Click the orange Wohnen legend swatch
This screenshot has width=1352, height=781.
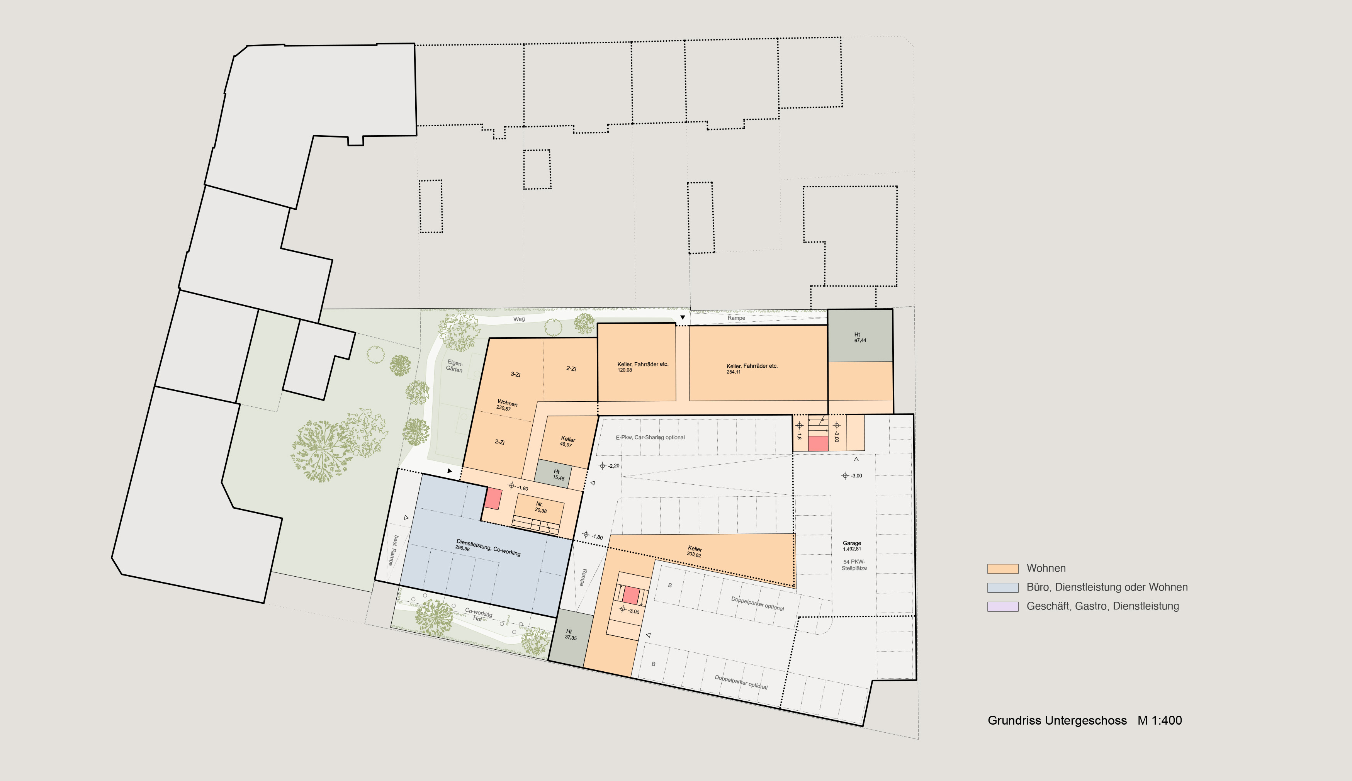pos(1002,569)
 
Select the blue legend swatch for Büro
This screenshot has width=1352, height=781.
pos(1002,587)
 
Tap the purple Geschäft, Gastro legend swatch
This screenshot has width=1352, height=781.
pos(1002,606)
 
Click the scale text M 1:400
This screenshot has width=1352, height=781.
pos(1160,720)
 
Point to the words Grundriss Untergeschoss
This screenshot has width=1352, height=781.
pos(1057,720)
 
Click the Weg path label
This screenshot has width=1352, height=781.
pos(519,319)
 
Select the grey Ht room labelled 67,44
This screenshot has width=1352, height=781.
pos(860,335)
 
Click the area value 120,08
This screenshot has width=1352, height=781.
pos(625,370)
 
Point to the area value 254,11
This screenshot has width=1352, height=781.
pos(734,372)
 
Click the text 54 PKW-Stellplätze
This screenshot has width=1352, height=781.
pos(854,565)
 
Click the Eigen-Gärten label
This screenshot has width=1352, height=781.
pos(454,366)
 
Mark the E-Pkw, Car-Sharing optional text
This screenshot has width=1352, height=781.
pos(650,437)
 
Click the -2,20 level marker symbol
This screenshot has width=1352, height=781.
pos(602,465)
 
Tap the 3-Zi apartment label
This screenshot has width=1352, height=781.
pos(515,374)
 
